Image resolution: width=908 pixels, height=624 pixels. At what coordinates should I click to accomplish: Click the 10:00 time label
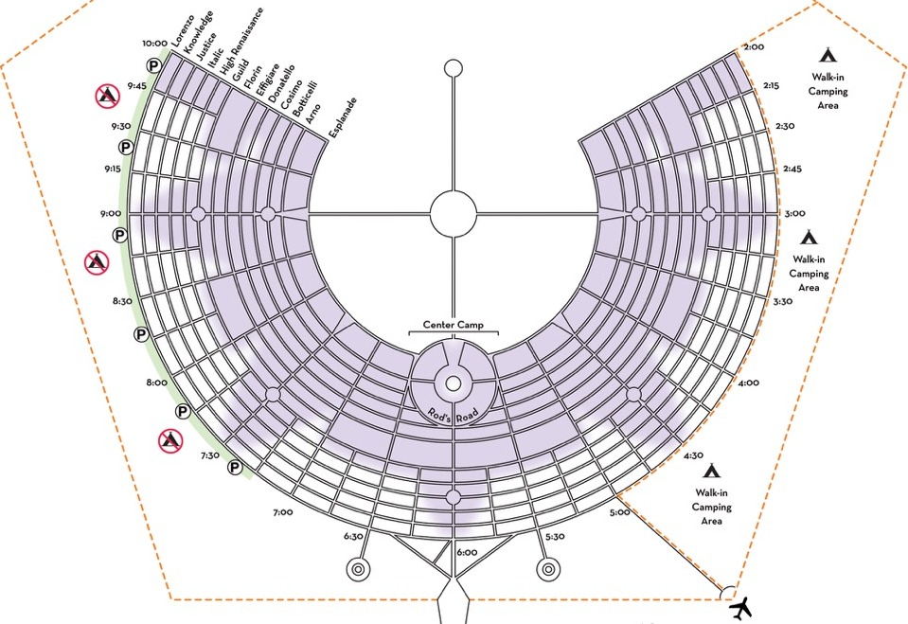pyautogui.click(x=154, y=44)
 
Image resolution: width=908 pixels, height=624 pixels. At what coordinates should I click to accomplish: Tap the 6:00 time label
pyautogui.click(x=466, y=552)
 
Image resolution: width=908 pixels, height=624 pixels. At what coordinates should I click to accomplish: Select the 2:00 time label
pyautogui.click(x=754, y=46)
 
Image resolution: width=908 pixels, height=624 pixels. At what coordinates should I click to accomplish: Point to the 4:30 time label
pyautogui.click(x=694, y=455)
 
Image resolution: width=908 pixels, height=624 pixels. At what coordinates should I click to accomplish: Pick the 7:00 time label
pyautogui.click(x=282, y=512)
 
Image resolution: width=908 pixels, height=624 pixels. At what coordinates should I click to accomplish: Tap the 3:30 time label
pyautogui.click(x=782, y=302)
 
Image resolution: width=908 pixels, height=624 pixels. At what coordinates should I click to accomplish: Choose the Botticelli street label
pyautogui.click(x=305, y=99)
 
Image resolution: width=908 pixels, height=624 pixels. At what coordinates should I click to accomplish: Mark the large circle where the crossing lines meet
pyautogui.click(x=454, y=213)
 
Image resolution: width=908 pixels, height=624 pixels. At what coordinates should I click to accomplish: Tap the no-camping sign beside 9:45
pyautogui.click(x=106, y=95)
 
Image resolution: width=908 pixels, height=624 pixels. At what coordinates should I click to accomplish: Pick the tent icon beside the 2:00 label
pyautogui.click(x=828, y=55)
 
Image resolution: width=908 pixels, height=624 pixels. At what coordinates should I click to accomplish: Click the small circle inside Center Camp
pyautogui.click(x=454, y=383)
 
